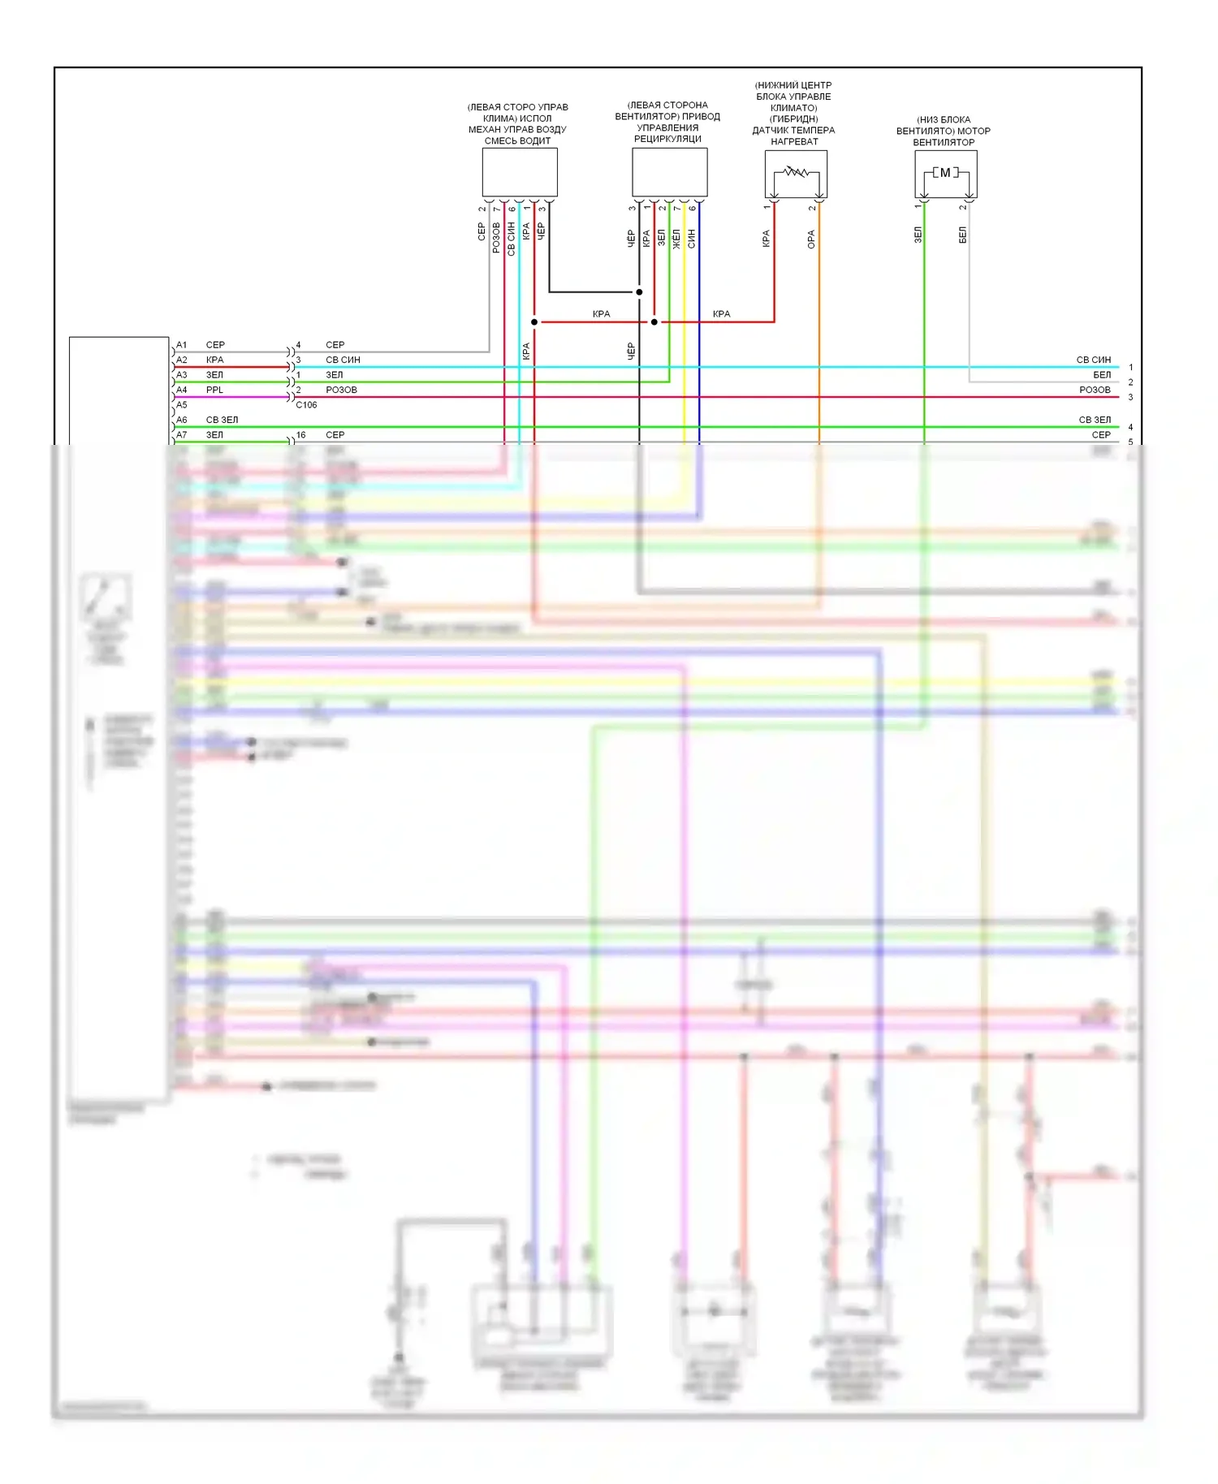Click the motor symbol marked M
tap(945, 173)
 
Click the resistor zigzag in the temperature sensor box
tap(795, 172)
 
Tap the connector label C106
tap(306, 405)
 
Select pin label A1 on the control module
tap(182, 345)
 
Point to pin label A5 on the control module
tap(182, 405)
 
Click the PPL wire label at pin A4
tap(214, 390)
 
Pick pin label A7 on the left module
tap(182, 435)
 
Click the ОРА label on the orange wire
tap(811, 239)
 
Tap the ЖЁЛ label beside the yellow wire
tap(676, 239)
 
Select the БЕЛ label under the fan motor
tap(963, 235)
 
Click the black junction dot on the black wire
tap(639, 292)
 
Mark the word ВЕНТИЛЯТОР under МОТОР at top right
tap(944, 143)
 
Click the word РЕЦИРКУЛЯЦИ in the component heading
tap(667, 139)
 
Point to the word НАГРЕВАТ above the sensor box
tap(794, 142)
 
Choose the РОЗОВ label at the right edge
tap(1095, 390)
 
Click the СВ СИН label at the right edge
tap(1093, 360)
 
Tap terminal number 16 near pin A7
tap(300, 435)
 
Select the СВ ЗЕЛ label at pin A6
tap(222, 421)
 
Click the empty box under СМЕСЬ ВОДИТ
tap(520, 172)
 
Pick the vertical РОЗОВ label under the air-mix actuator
tap(496, 238)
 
